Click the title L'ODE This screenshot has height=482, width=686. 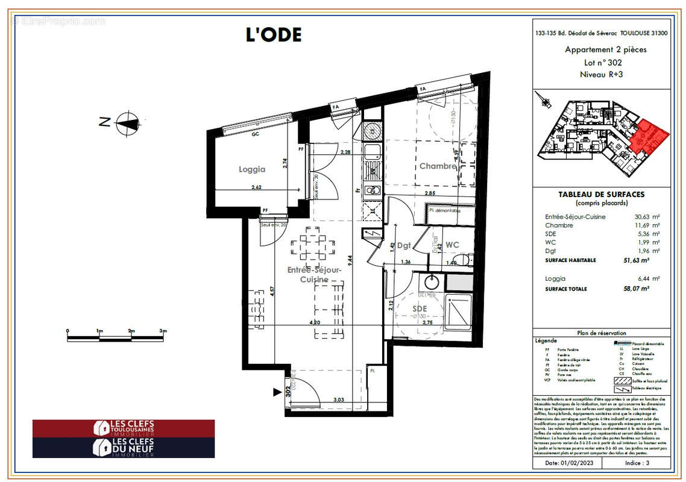273,34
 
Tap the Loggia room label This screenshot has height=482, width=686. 251,170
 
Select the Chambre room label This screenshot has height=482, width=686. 438,166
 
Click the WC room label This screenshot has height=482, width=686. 452,245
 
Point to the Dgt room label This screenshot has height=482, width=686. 404,246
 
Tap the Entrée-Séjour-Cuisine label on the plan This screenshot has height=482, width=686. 315,275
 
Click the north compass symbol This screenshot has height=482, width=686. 127,122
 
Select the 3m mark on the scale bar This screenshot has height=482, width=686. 163,331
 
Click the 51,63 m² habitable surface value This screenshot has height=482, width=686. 635,260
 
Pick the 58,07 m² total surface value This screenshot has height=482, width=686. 635,289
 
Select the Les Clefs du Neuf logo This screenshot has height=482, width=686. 124,448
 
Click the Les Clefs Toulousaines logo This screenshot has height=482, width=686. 124,428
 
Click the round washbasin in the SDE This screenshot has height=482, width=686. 430,282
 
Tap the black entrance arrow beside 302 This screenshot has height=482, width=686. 278,392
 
